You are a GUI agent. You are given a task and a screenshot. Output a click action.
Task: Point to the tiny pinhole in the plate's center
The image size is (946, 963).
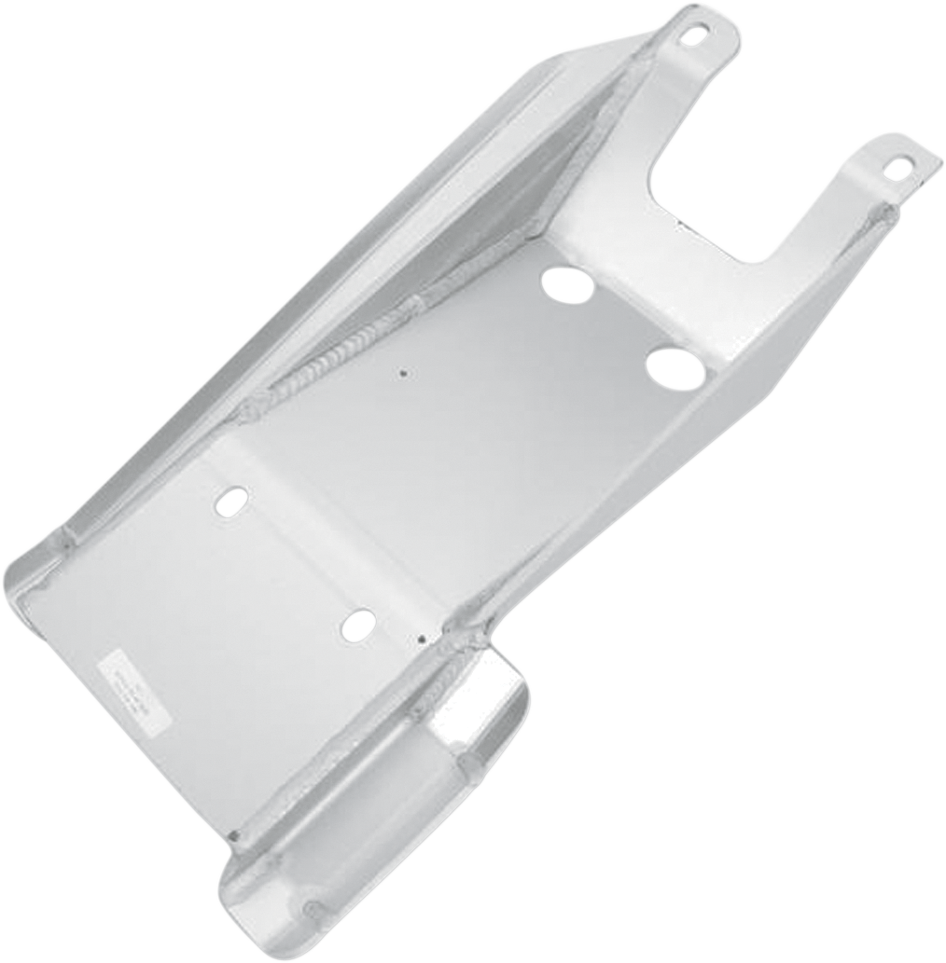pyautogui.click(x=403, y=376)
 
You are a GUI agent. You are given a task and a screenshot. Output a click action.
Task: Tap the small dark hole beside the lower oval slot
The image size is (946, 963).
pyautogui.click(x=422, y=640)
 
